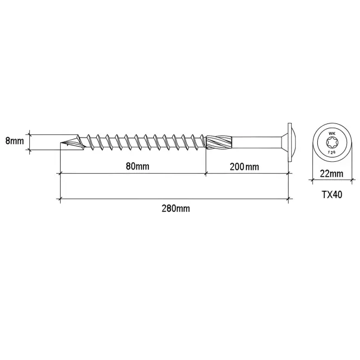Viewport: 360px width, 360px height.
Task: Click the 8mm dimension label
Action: coord(15,141)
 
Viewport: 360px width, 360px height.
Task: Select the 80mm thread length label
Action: coord(138,166)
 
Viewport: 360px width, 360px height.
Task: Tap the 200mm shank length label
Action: coord(244,167)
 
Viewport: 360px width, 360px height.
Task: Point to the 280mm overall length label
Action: coord(176,208)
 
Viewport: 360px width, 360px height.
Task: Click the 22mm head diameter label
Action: coord(332,174)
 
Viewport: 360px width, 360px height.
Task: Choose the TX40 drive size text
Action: coord(332,195)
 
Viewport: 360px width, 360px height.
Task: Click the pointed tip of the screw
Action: coord(61,143)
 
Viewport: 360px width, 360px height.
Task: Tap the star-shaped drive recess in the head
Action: coord(332,143)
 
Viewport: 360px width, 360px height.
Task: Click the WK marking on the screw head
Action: coord(332,133)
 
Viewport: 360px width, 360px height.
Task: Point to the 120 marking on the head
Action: coord(331,152)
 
